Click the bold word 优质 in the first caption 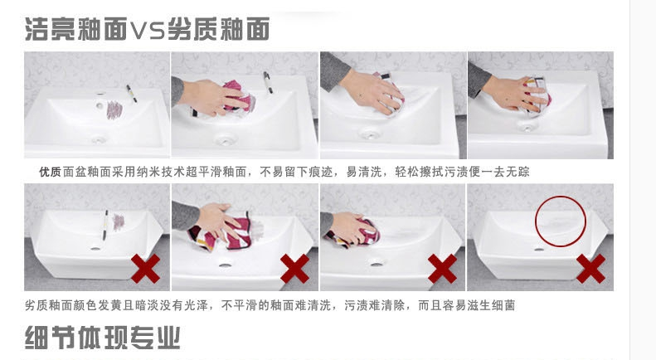(x=50, y=172)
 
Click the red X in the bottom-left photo (x=146, y=269)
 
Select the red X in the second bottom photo (x=294, y=269)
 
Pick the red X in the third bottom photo (x=442, y=269)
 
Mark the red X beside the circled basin (x=590, y=269)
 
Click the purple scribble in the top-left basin (x=114, y=110)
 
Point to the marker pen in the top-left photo (x=131, y=94)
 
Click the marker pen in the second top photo (x=268, y=82)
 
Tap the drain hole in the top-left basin (x=98, y=139)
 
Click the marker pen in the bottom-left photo (x=105, y=225)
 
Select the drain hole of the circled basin (x=539, y=250)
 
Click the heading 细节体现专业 (x=103, y=338)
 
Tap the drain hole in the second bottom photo (x=225, y=265)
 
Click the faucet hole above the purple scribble (x=100, y=106)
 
